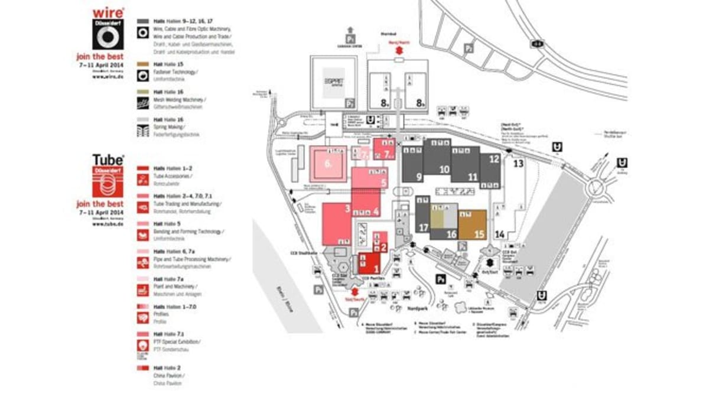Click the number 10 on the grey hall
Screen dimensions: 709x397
[x=444, y=169]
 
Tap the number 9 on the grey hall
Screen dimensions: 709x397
[x=418, y=176]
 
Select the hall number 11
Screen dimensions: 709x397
[x=473, y=177]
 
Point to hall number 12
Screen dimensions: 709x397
[x=494, y=159]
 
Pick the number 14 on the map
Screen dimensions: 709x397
[x=500, y=235]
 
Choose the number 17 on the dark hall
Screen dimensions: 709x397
[x=423, y=227]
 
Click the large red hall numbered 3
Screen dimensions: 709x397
[x=348, y=209]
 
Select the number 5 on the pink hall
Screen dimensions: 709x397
[x=383, y=183]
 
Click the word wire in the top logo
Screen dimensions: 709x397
[x=108, y=12]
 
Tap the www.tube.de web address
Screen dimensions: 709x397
[x=108, y=224]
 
